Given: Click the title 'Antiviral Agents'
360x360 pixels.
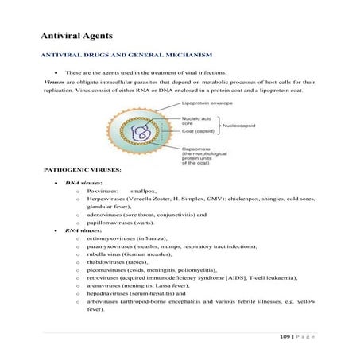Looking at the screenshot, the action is pyautogui.click(x=76, y=36).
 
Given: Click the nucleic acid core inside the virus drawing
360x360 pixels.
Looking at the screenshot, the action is pyautogui.click(x=145, y=131).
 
